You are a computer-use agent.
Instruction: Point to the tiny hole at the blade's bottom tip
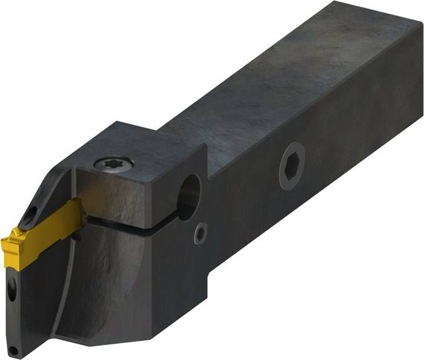(x=13, y=349)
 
